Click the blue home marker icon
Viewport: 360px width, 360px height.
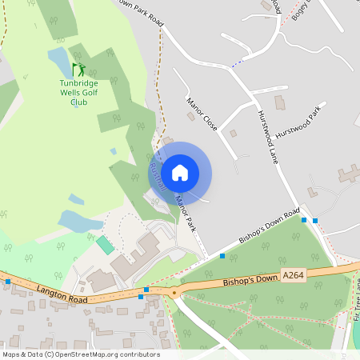point(180,173)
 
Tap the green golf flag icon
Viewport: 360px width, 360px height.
point(78,70)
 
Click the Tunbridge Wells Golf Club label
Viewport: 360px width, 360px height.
point(78,92)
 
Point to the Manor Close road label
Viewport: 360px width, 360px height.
point(202,114)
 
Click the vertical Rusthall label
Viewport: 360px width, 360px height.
point(157,171)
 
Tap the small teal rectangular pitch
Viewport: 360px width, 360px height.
point(106,244)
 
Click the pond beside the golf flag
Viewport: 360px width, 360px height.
point(58,58)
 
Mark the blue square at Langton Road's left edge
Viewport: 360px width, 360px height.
point(8,282)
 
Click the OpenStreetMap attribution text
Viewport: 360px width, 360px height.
point(81,354)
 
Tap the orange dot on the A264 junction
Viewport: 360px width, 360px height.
point(174,293)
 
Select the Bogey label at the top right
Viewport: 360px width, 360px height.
point(300,10)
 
